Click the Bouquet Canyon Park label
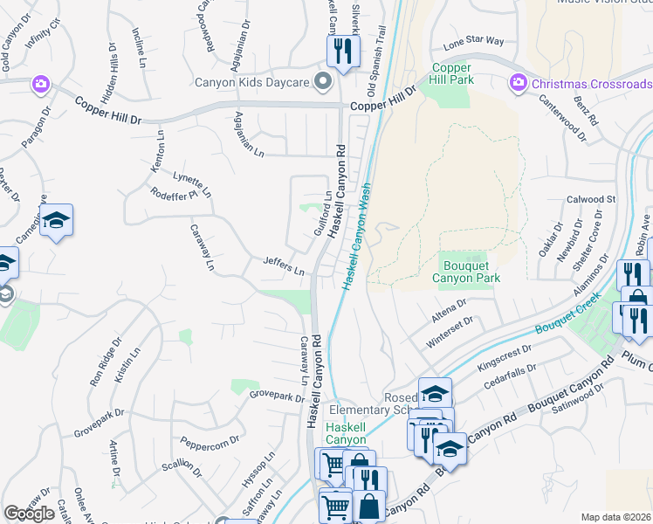(468, 272)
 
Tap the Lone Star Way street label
(473, 41)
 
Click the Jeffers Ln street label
(284, 265)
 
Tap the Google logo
(29, 514)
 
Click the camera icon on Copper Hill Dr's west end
(40, 84)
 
